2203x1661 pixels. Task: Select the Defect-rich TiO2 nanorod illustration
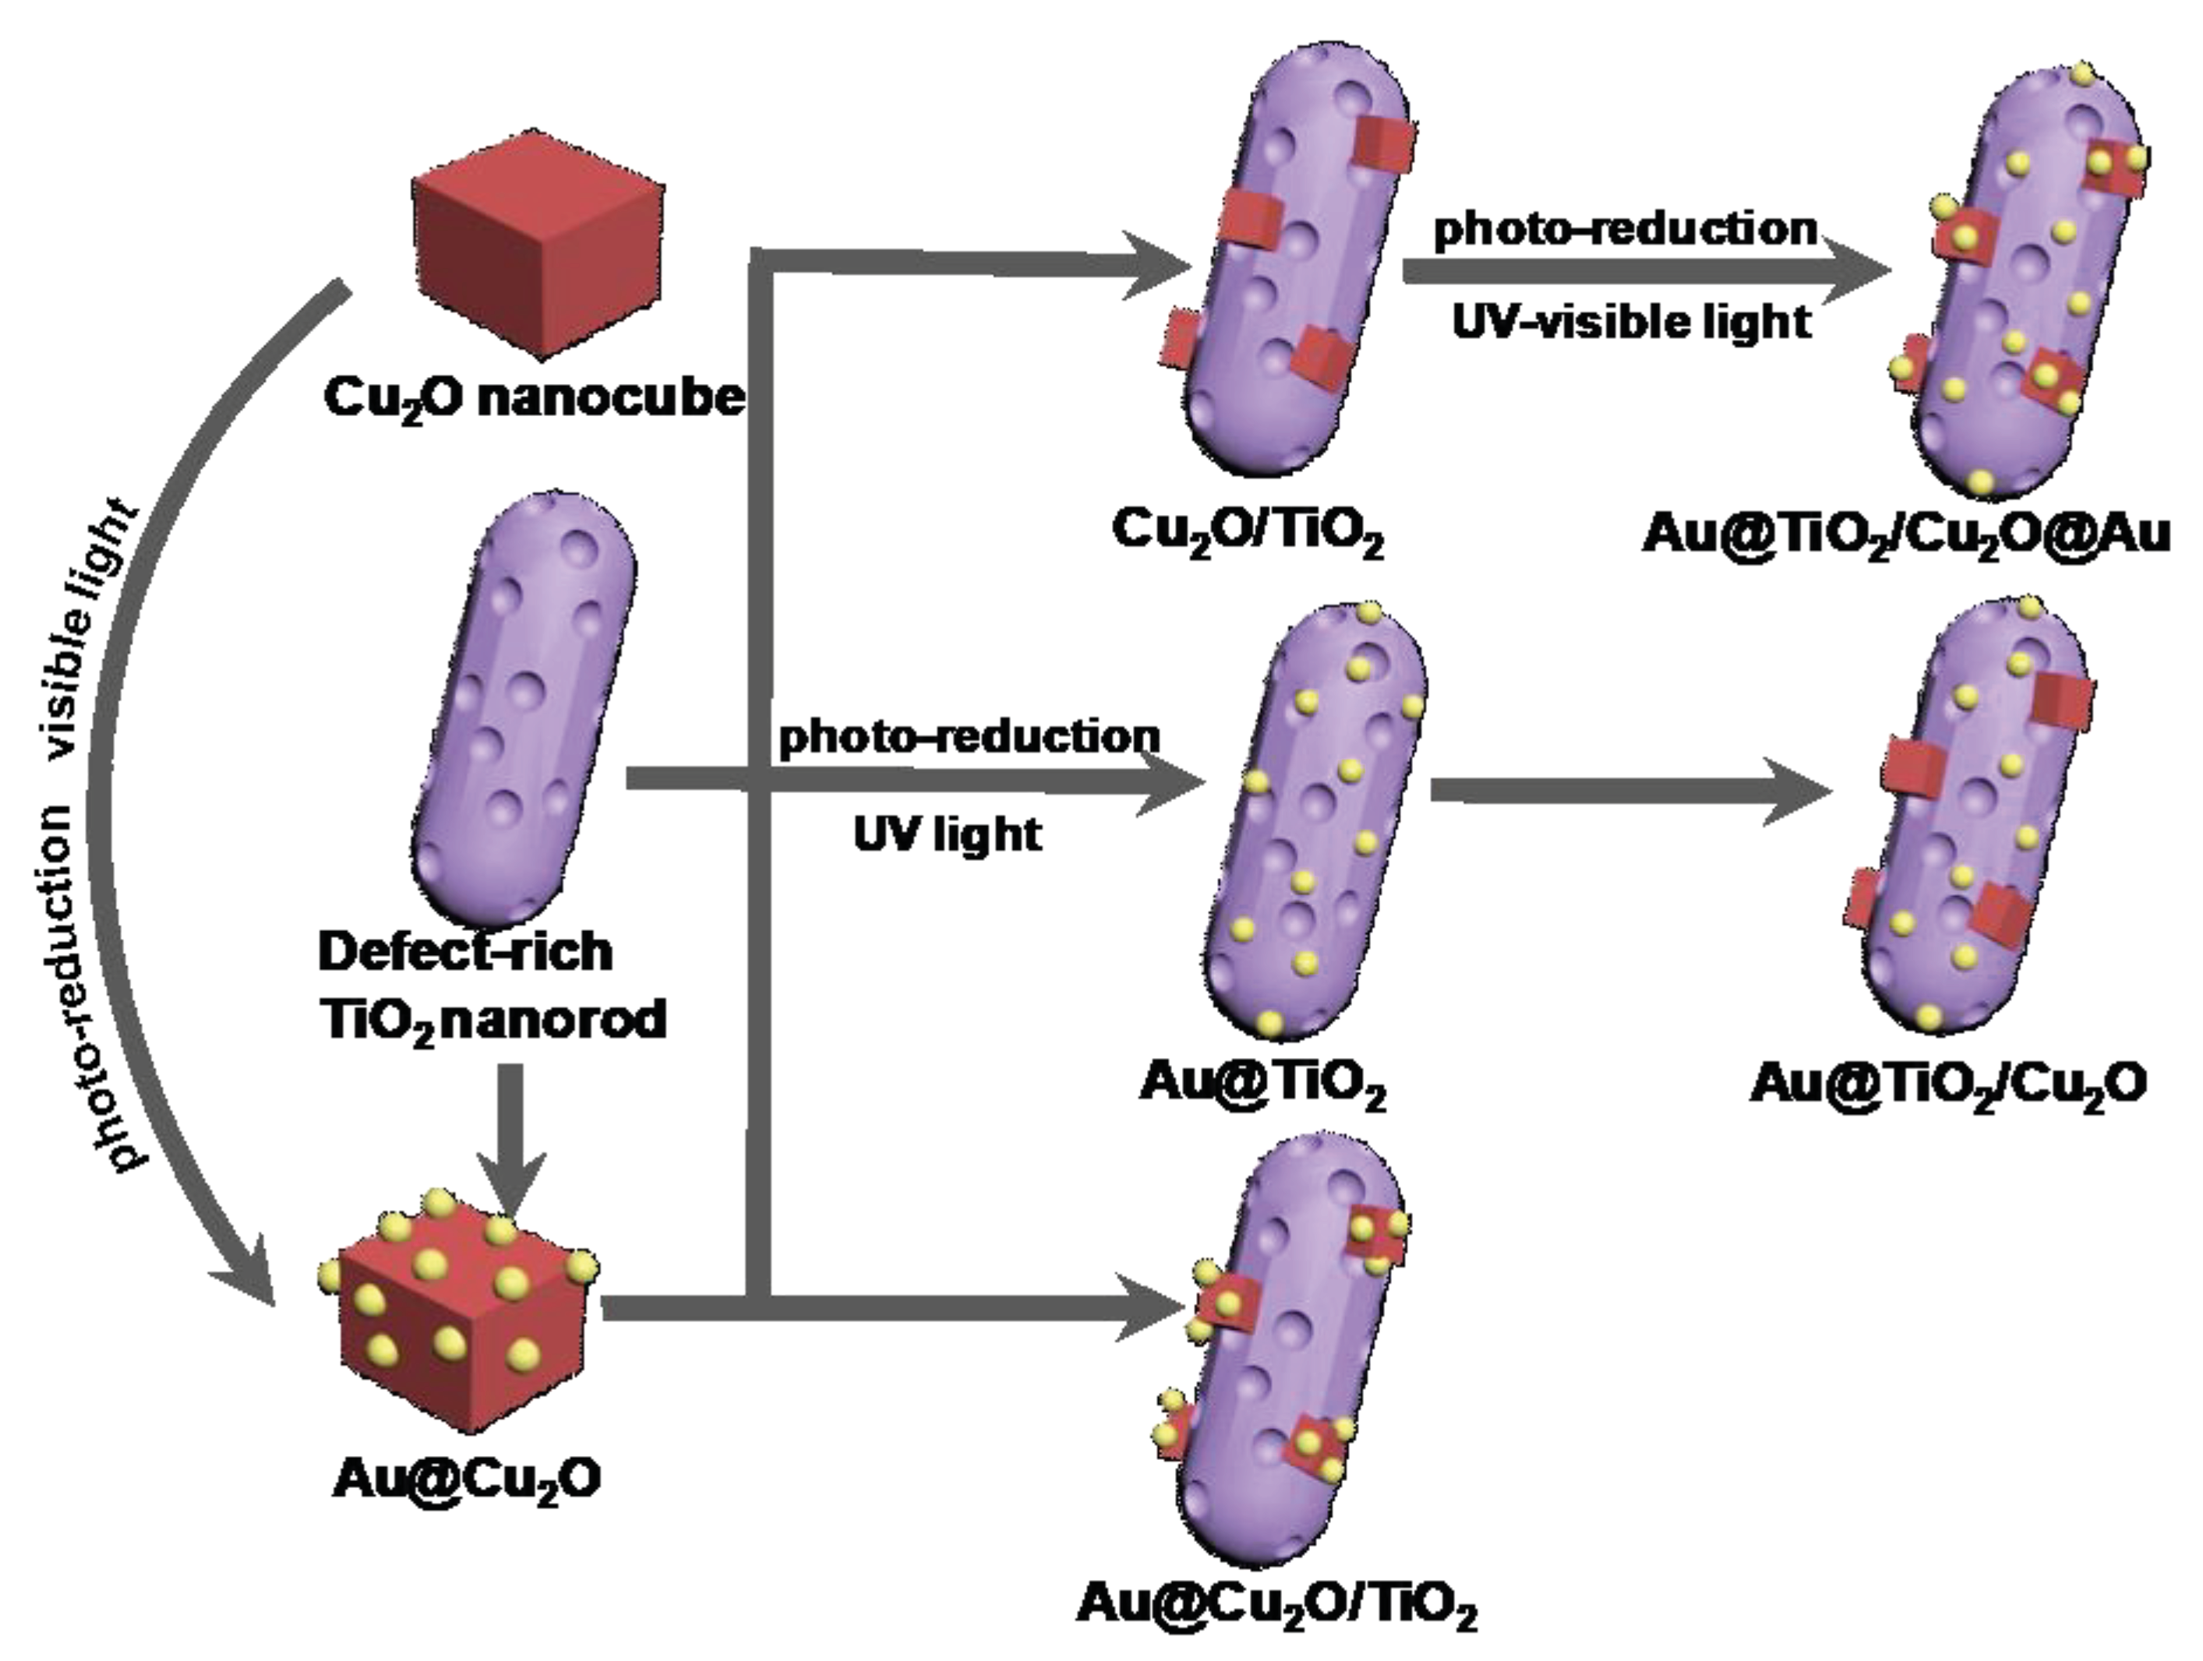(x=523, y=707)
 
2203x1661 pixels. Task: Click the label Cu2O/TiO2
(x=1247, y=533)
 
